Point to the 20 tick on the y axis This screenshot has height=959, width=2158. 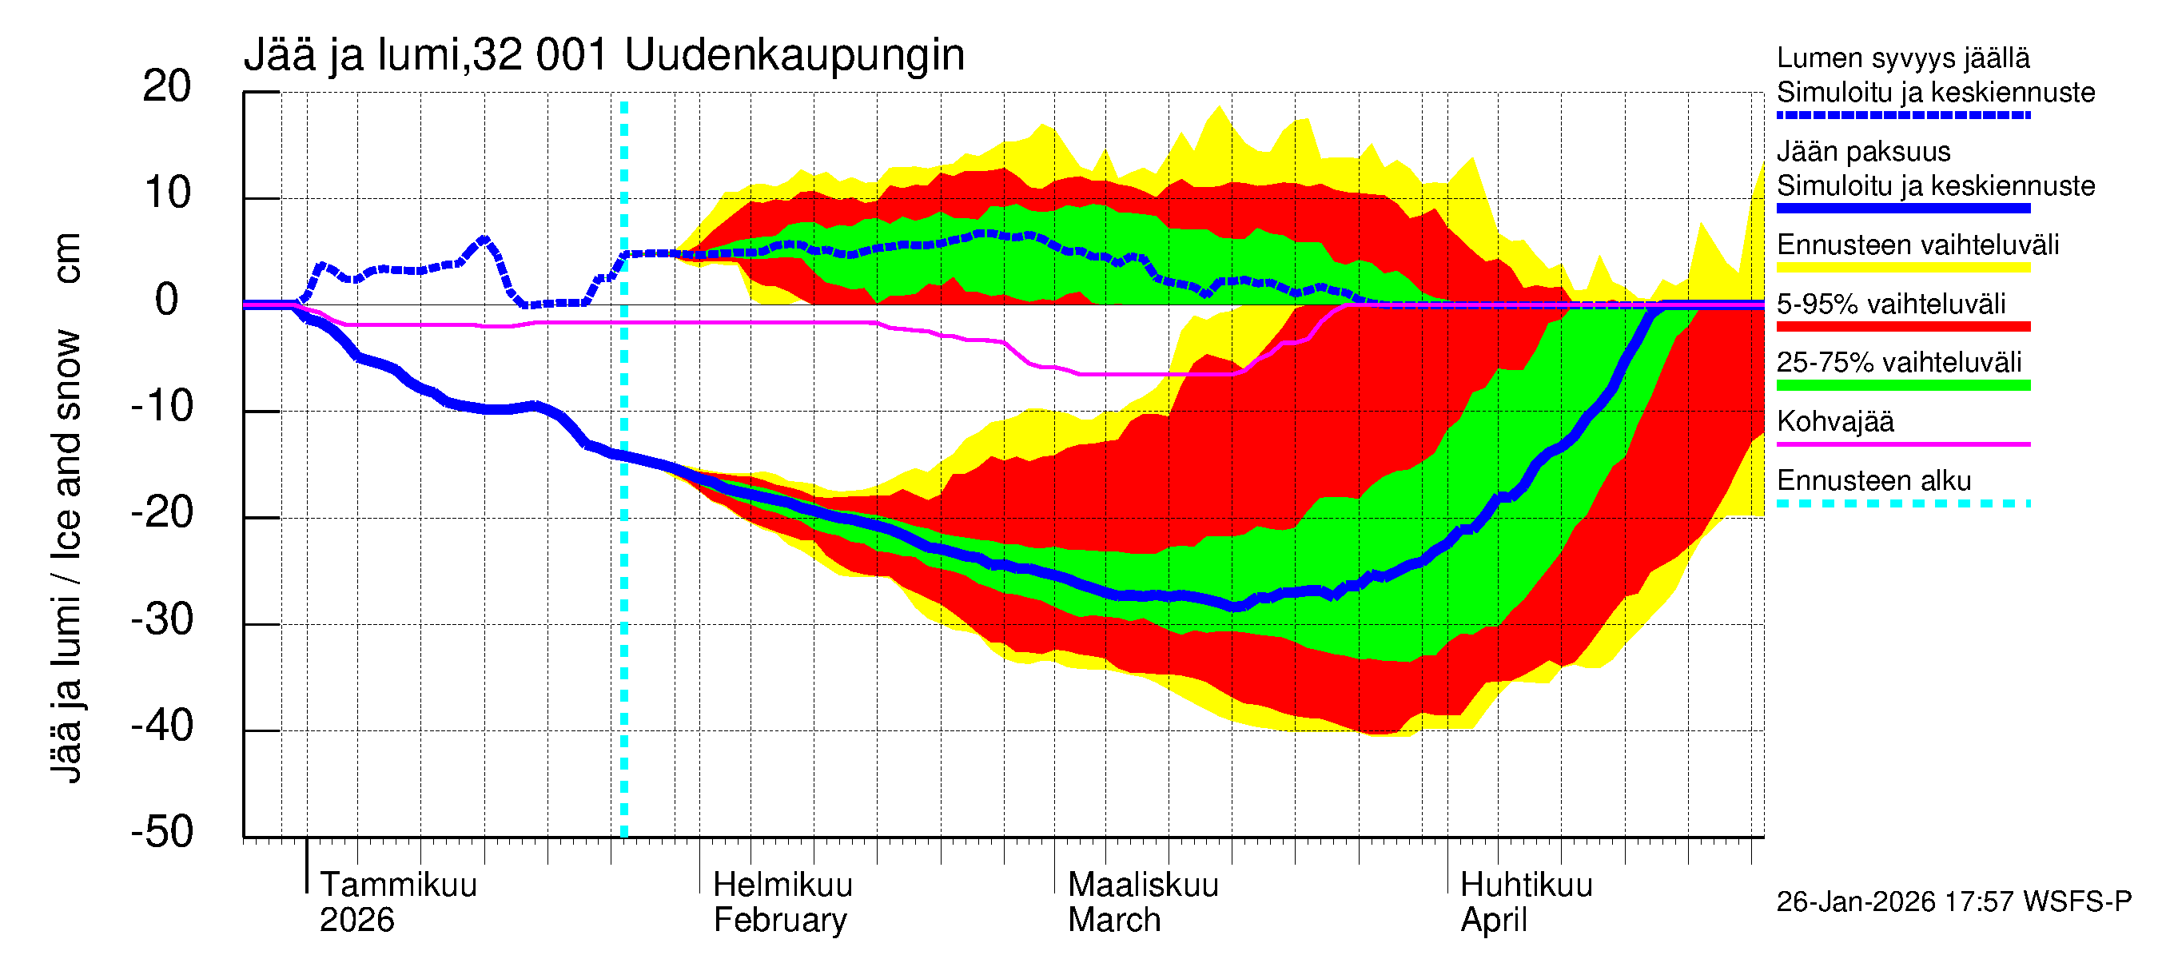click(x=167, y=87)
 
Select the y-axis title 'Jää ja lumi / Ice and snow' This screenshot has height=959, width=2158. click(x=67, y=556)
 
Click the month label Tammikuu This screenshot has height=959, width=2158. click(x=398, y=885)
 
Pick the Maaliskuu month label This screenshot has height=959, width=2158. click(x=1143, y=885)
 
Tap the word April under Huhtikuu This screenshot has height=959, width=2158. click(x=1494, y=921)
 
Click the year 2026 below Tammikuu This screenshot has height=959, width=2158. click(x=357, y=921)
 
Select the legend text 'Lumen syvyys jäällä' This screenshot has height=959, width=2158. click(x=1902, y=58)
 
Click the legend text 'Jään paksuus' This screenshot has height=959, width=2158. click(x=1863, y=152)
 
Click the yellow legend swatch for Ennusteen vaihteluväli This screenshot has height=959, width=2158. click(x=1902, y=267)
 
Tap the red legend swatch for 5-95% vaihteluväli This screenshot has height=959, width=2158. click(x=1902, y=326)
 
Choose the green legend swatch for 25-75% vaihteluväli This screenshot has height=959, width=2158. click(x=1902, y=384)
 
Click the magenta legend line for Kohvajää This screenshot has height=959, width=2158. click(x=1902, y=444)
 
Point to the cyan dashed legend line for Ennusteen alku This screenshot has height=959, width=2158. click(x=1902, y=503)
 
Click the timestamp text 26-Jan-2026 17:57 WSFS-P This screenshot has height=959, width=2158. click(x=1953, y=901)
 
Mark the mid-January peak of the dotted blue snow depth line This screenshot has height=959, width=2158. click(x=484, y=241)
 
